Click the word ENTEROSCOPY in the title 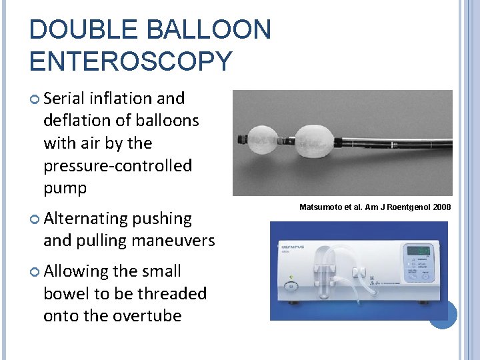(x=131, y=61)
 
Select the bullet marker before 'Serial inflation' (x=35, y=99)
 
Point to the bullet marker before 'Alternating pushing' (x=35, y=219)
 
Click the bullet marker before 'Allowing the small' (x=35, y=272)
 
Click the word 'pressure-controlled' (x=117, y=165)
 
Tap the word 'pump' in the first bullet (x=65, y=188)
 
